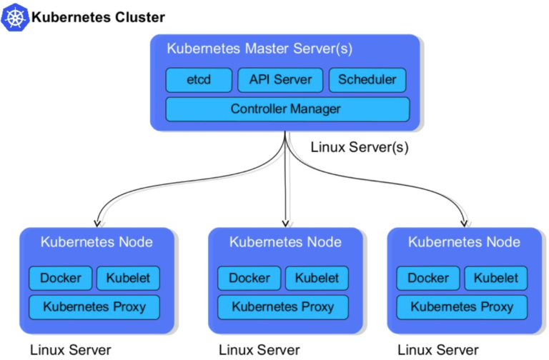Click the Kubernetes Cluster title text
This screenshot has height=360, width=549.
coord(98,17)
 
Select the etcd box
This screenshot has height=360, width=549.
coord(199,79)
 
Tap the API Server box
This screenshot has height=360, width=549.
coord(280,79)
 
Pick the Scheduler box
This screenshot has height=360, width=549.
coord(367,79)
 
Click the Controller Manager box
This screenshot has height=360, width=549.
coord(287,109)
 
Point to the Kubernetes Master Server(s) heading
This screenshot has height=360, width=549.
coord(259,49)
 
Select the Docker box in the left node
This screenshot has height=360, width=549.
coord(60,278)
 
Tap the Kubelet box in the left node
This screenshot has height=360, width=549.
coord(128,278)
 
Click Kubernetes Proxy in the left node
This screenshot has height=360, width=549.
coord(94,307)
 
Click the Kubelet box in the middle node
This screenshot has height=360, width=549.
coord(317,278)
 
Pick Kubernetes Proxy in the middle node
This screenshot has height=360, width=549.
coord(283,307)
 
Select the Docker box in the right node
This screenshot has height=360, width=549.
coord(427,278)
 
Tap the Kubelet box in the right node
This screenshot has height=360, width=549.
coord(495,278)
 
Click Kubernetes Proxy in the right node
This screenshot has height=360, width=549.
coord(462,307)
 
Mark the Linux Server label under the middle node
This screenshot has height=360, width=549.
coord(259,350)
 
